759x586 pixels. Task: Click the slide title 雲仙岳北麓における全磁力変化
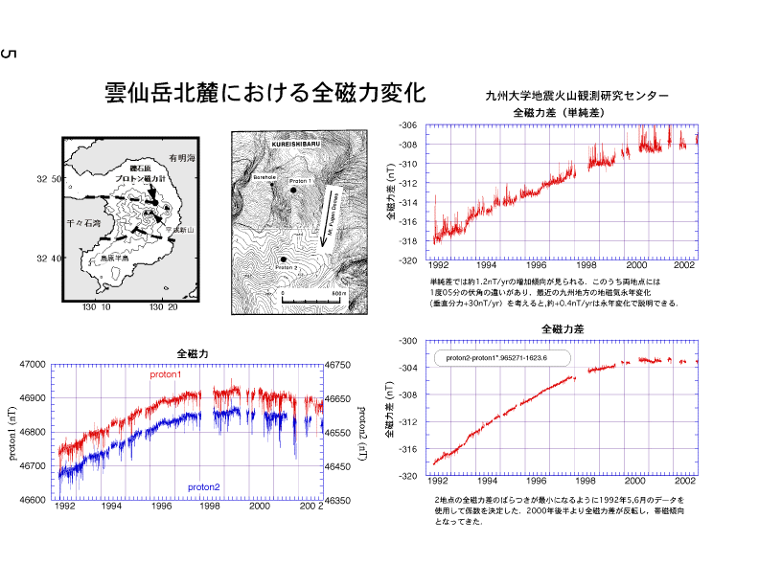pyautogui.click(x=264, y=93)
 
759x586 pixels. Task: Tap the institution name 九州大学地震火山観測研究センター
pyautogui.click(x=577, y=96)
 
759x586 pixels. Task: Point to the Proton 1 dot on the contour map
pyautogui.click(x=294, y=192)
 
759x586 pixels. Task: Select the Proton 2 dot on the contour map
pyautogui.click(x=284, y=259)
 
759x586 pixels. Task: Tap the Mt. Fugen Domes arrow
pyautogui.click(x=330, y=213)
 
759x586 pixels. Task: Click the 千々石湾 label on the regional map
pyautogui.click(x=81, y=221)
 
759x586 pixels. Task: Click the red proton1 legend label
pyautogui.click(x=165, y=373)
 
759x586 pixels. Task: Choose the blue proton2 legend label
pyautogui.click(x=203, y=487)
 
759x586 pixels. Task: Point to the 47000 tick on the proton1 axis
pyautogui.click(x=33, y=365)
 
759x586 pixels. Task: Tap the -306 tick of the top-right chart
pyautogui.click(x=407, y=125)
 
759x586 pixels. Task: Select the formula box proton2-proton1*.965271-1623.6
pyautogui.click(x=502, y=358)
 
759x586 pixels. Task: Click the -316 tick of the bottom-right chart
pyautogui.click(x=407, y=448)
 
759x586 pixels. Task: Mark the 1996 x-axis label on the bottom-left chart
pyautogui.click(x=161, y=507)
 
